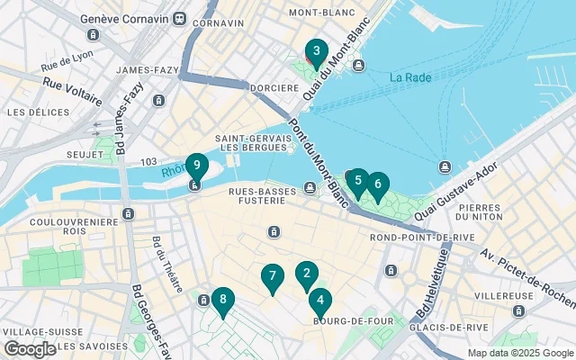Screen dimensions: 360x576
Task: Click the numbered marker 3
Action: [x=316, y=51]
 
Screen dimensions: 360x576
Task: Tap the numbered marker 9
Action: [x=196, y=166]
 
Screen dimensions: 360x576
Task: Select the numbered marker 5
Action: [x=357, y=180]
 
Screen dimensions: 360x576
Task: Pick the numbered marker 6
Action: [x=377, y=184]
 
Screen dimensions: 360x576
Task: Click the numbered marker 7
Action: [x=272, y=276]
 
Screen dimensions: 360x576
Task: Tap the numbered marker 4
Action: [x=319, y=301]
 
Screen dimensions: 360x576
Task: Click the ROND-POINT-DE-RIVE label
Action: [x=409, y=238]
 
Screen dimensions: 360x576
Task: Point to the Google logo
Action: [x=30, y=349]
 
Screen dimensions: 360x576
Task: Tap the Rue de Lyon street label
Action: [x=68, y=62]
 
